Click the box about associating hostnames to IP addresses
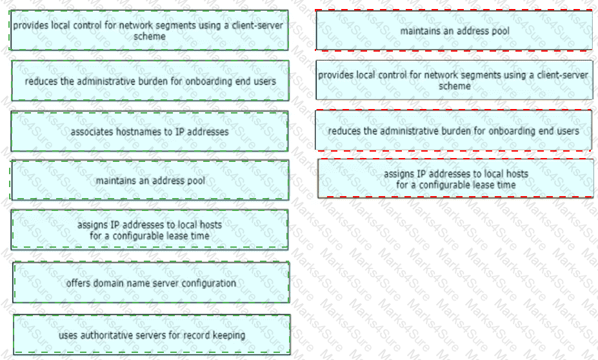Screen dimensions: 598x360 point(150,132)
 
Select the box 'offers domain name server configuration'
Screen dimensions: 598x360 point(151,282)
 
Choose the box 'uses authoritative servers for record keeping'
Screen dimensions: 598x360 point(152,334)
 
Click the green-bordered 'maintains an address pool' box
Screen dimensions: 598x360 point(150,181)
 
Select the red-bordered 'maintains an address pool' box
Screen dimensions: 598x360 point(454,30)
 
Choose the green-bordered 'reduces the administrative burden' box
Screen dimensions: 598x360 point(150,81)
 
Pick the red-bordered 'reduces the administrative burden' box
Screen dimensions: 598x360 point(453,130)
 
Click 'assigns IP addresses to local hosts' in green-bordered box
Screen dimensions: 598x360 point(150,225)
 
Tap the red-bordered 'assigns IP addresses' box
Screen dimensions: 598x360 point(455,179)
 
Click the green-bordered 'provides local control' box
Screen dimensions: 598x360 point(149,30)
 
